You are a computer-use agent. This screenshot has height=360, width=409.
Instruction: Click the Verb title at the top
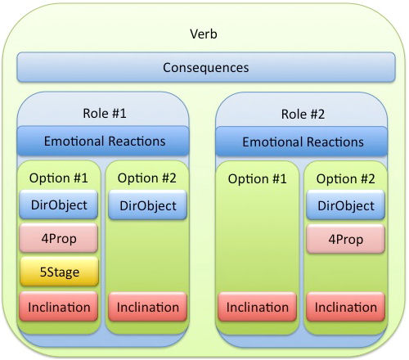[204, 34]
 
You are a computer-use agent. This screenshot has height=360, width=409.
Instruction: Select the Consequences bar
[206, 67]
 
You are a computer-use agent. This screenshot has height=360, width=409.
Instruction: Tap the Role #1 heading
[105, 113]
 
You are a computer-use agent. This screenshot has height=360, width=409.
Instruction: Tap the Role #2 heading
[303, 114]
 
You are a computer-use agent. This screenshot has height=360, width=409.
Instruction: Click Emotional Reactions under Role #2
[302, 142]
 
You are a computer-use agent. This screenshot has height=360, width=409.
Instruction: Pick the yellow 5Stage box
[59, 272]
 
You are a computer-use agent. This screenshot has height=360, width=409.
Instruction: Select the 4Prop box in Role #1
[59, 238]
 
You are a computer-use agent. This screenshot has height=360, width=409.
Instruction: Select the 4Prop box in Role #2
[345, 239]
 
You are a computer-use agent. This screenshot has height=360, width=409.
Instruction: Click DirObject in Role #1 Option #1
[59, 205]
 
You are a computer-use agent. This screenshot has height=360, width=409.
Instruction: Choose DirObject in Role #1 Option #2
[148, 205]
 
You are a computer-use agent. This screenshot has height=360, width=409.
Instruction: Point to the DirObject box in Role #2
[345, 205]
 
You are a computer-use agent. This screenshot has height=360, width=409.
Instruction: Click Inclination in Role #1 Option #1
[59, 307]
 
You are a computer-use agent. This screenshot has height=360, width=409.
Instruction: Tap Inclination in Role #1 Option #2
[148, 307]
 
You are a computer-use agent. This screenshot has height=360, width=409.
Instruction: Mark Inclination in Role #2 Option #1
[257, 307]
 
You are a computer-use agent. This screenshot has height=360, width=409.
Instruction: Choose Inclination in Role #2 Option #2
[345, 307]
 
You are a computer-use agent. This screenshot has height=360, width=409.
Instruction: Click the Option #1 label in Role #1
[59, 178]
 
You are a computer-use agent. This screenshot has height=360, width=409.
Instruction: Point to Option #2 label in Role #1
[147, 178]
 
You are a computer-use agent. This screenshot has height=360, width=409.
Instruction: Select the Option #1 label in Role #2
[258, 179]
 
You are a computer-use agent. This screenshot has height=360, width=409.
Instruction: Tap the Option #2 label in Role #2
[345, 179]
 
